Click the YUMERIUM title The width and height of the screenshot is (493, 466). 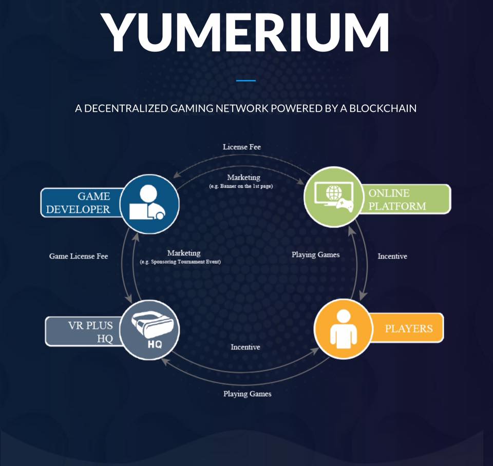pos(245,32)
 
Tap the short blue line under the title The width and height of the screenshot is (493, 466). pos(246,81)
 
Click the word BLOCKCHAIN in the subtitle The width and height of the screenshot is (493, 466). pos(383,108)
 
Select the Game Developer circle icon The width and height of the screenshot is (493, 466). pos(149,204)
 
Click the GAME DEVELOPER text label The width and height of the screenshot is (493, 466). pos(78,203)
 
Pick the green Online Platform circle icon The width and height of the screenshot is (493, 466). pos(334,197)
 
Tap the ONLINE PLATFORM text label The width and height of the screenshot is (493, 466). pos(397,200)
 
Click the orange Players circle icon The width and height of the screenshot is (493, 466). pos(344,328)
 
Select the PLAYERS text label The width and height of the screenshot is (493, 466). pos(409,328)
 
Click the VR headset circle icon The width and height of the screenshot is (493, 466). pos(149,330)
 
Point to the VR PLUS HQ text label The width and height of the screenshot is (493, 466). pos(90,332)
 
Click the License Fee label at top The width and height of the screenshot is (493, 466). pos(242,147)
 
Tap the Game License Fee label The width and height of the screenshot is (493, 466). pos(79,256)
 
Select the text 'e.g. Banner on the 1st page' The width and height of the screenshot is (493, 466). pos(241,186)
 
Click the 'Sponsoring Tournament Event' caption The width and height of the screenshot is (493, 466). pos(180,262)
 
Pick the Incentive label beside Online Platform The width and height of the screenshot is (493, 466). pos(392,256)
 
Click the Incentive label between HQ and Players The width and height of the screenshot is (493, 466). pos(245,347)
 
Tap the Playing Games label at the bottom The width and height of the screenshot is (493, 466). pos(248,394)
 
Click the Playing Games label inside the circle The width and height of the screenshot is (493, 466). pos(316,255)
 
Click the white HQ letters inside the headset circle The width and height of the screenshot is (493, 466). pos(155,345)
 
